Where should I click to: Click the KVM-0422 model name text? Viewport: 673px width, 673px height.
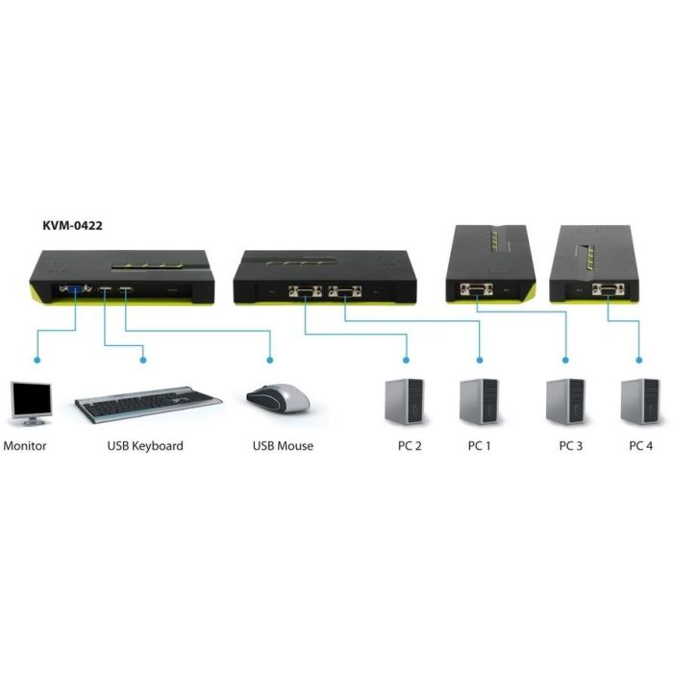pyautogui.click(x=72, y=227)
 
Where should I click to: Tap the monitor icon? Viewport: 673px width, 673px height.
pyautogui.click(x=30, y=403)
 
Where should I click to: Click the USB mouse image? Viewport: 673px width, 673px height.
pyautogui.click(x=279, y=398)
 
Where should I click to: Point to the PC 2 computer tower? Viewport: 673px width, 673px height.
pyautogui.click(x=404, y=401)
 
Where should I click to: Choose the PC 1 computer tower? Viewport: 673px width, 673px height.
pyautogui.click(x=479, y=401)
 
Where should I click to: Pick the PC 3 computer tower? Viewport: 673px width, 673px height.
pyautogui.click(x=565, y=401)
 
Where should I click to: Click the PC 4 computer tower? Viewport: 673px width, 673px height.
pyautogui.click(x=639, y=401)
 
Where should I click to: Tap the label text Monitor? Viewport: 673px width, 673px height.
pyautogui.click(x=25, y=446)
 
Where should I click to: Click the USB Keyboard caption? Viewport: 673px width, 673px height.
pyautogui.click(x=145, y=446)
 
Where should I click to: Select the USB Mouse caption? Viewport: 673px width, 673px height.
pyautogui.click(x=283, y=446)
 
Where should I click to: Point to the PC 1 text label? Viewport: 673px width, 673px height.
pyautogui.click(x=480, y=446)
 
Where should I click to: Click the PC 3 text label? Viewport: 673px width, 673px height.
pyautogui.click(x=571, y=446)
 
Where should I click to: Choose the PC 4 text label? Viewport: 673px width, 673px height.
pyautogui.click(x=641, y=446)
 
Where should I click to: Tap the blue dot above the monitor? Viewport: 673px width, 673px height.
pyautogui.click(x=36, y=361)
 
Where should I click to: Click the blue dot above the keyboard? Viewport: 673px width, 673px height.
pyautogui.click(x=143, y=361)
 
